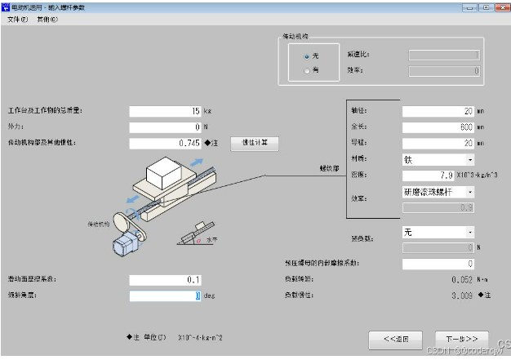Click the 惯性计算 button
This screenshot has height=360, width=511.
tap(255, 143)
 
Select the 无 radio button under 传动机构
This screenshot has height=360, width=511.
tap(307, 56)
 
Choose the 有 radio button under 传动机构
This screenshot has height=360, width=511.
tap(307, 71)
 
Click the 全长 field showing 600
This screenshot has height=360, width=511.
tap(438, 127)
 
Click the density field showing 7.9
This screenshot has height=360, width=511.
tap(438, 175)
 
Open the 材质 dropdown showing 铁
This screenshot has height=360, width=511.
tap(438, 159)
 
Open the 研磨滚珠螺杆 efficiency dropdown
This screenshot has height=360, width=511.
tap(438, 192)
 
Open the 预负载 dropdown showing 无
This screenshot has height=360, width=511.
tap(438, 232)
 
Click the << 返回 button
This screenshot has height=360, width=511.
tap(395, 338)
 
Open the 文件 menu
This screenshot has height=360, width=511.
tap(18, 19)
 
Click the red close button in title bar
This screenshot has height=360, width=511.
tap(500, 7)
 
